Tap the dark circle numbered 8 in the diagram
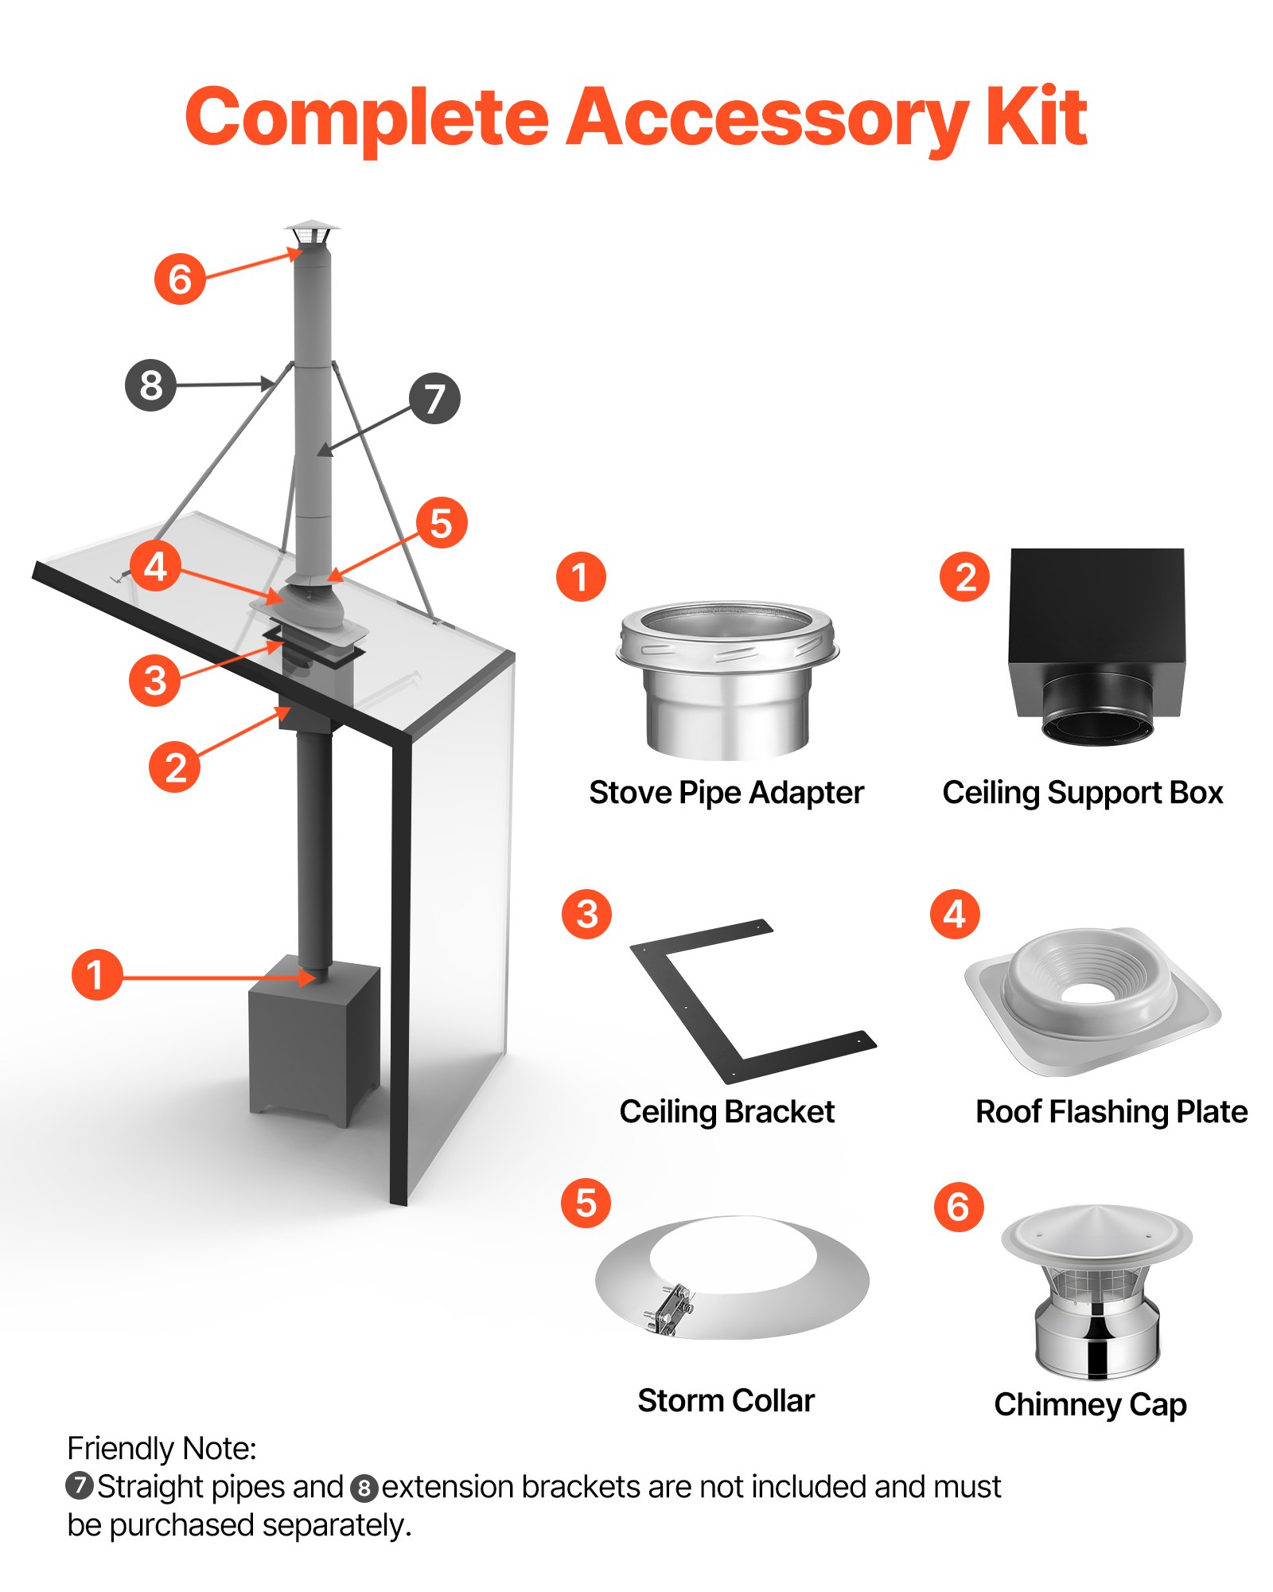pyautogui.click(x=150, y=385)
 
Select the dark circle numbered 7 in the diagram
pyautogui.click(x=434, y=398)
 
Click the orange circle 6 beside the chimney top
pyautogui.click(x=180, y=279)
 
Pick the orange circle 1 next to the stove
pyautogui.click(x=96, y=974)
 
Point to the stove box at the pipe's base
pyautogui.click(x=313, y=1039)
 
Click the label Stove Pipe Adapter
pyautogui.click(x=726, y=793)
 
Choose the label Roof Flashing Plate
pyautogui.click(x=1111, y=1111)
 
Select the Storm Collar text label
pyautogui.click(x=726, y=1400)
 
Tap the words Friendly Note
pyautogui.click(x=162, y=1448)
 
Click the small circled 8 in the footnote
pyautogui.click(x=364, y=1487)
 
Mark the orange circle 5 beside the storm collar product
pyautogui.click(x=586, y=1203)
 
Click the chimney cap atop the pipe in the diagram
pyautogui.click(x=311, y=234)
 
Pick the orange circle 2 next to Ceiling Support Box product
pyautogui.click(x=964, y=577)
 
